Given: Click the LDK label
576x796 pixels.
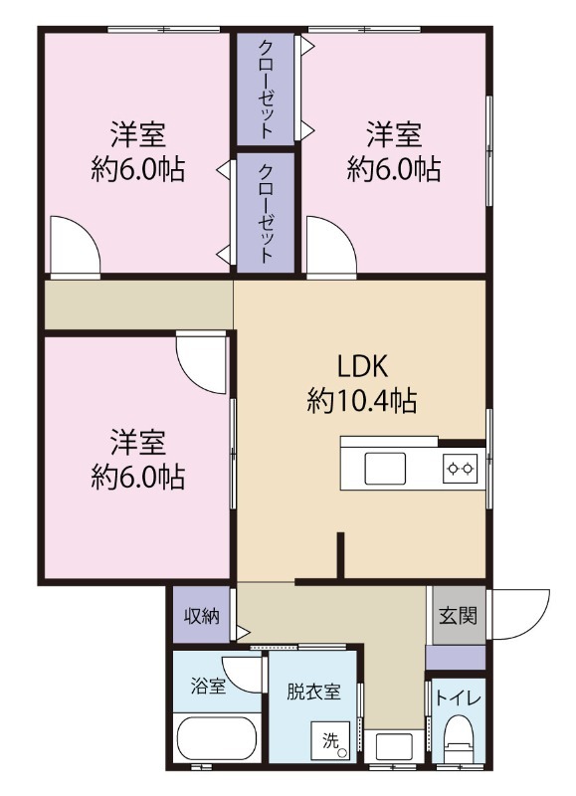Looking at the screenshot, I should tap(361, 365).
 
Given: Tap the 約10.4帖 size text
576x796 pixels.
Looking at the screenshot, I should tap(361, 401).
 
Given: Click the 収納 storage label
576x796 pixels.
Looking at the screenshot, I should tap(201, 615).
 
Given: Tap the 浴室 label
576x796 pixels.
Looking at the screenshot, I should tap(207, 687).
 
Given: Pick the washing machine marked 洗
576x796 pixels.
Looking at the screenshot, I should tap(333, 741).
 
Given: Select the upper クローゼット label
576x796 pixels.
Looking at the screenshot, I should tap(267, 90).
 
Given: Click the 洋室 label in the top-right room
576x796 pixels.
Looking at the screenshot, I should tap(394, 132).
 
